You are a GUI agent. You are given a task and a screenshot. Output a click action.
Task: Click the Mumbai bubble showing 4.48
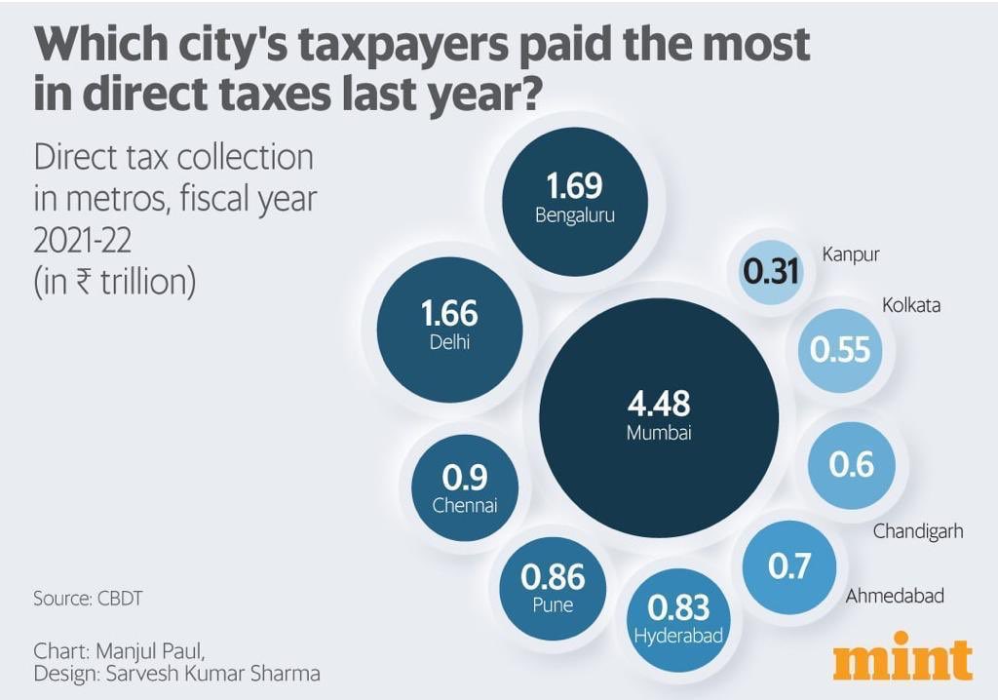659,417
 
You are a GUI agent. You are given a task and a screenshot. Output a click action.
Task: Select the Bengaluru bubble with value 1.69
575,201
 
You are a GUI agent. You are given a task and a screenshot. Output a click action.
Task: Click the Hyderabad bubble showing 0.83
678,619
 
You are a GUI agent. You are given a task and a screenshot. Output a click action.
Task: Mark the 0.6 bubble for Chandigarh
851,466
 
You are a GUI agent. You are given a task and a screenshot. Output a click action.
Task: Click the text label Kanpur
851,254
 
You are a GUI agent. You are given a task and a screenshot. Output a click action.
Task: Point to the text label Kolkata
911,305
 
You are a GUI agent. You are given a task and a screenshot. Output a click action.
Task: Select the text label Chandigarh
918,531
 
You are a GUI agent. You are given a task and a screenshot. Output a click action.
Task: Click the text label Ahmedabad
895,596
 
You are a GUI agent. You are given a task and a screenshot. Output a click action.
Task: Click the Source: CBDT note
88,599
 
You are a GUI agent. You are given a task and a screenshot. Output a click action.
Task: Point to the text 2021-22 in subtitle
83,241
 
